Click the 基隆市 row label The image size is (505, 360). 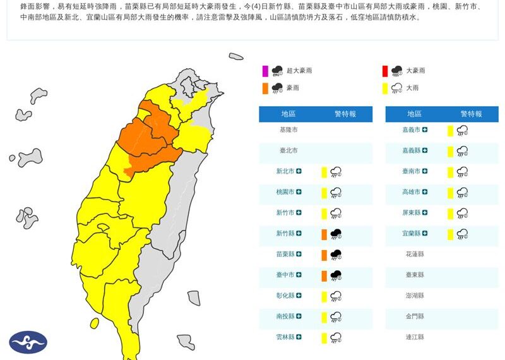pos(288,130)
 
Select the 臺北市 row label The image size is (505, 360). pos(288,151)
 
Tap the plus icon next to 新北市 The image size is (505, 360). pos(299,172)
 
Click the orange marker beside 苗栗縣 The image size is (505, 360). pos(324,255)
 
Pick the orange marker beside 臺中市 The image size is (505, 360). pos(324,276)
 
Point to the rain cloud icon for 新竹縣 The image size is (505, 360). pos(336,234)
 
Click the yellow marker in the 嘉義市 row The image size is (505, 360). pos(450,131)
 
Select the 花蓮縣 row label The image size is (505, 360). pos(414,254)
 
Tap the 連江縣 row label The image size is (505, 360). pos(414,337)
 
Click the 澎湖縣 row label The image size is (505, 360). pos(414,296)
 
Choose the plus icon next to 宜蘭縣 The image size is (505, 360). pos(425,234)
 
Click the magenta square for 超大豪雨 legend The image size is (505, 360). pos(266,71)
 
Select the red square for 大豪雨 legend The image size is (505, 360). pos(385,71)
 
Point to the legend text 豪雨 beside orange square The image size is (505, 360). pos(293,88)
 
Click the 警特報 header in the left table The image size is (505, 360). pos(345,114)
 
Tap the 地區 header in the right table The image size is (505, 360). pos(414,114)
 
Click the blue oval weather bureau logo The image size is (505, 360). pos(28,342)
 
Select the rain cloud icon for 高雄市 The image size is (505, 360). pos(462,193)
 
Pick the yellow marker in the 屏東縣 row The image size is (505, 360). pos(450,213)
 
